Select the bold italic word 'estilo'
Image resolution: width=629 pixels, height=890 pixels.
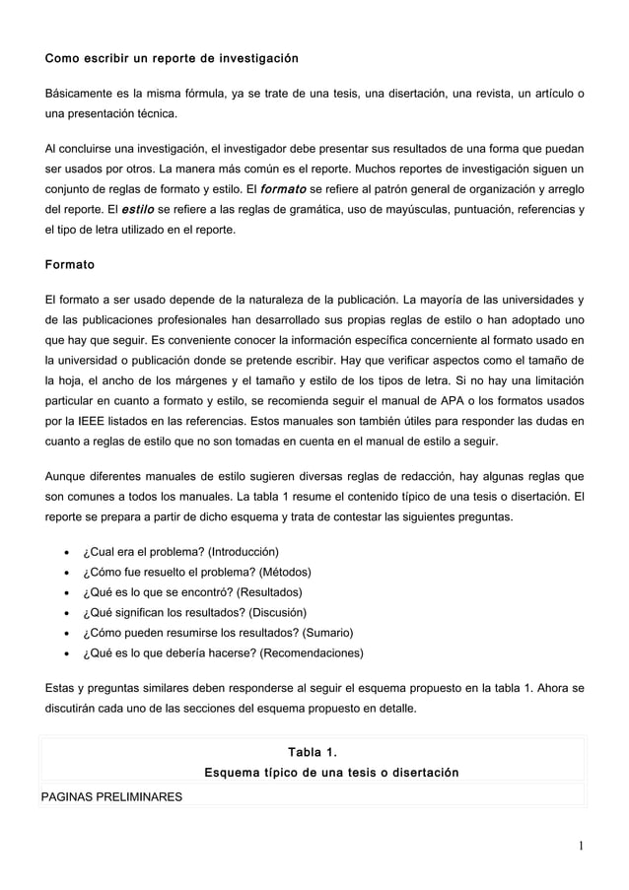(x=137, y=210)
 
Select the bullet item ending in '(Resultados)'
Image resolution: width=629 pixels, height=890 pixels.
(x=191, y=592)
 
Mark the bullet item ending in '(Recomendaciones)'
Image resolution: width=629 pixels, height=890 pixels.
(x=223, y=653)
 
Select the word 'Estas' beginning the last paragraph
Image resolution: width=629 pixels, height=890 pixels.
(x=62, y=688)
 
